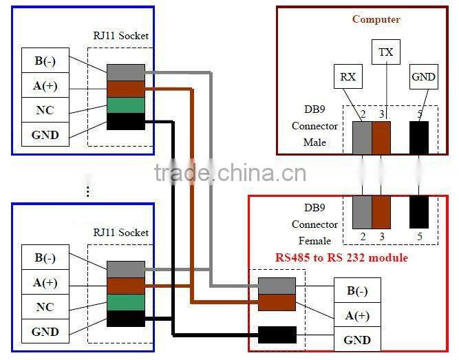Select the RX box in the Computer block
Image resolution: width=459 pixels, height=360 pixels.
348,76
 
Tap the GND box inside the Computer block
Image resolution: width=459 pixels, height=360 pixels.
423,76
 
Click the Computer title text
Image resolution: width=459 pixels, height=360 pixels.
376,19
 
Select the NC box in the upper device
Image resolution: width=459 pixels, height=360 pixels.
45,109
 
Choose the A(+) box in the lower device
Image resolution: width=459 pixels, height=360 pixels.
45,282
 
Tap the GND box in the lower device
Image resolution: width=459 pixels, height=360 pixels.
45,332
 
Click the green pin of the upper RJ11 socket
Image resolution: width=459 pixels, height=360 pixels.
125,105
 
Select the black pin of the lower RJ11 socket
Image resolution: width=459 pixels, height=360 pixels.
125,319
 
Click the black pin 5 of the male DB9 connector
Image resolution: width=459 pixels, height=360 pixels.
418,137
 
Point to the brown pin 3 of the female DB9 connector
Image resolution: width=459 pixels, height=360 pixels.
381,213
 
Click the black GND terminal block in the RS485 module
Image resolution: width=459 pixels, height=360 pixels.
277,335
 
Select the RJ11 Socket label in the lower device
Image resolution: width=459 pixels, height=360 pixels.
121,233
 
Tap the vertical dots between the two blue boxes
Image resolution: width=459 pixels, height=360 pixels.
88,191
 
